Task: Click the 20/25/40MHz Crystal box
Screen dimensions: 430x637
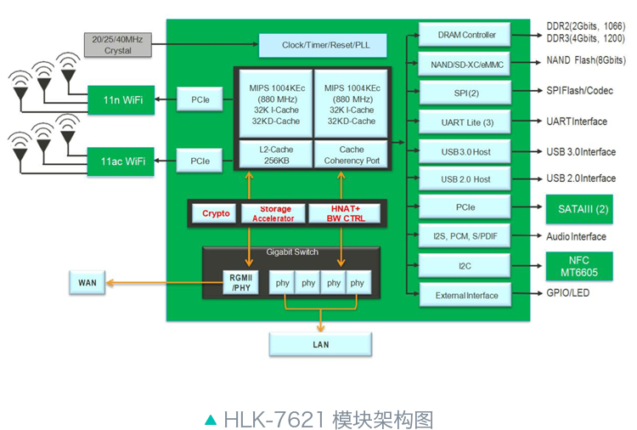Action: pyautogui.click(x=118, y=45)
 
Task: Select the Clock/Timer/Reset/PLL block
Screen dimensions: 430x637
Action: pyautogui.click(x=322, y=45)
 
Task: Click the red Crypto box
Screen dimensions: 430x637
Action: pyautogui.click(x=216, y=213)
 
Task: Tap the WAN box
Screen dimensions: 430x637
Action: pyautogui.click(x=87, y=282)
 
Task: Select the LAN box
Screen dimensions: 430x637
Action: pyautogui.click(x=320, y=344)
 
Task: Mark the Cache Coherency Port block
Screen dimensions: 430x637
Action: pyautogui.click(x=352, y=154)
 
